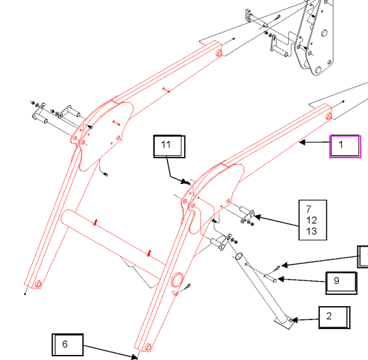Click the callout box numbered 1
345,146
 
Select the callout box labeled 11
169,146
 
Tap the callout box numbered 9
341,283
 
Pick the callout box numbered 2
334,318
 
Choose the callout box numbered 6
68,345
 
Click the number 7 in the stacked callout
309,209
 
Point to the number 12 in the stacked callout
312,220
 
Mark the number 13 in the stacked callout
312,232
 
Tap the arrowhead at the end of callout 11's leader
187,182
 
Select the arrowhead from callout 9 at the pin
281,279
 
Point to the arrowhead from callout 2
294,320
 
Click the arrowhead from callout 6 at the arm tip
134,357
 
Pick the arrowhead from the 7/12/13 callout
257,217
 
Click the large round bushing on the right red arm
176,280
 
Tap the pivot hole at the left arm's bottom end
39,284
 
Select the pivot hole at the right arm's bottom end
148,347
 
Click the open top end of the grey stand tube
238,256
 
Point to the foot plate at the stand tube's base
285,323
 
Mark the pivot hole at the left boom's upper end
219,53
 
